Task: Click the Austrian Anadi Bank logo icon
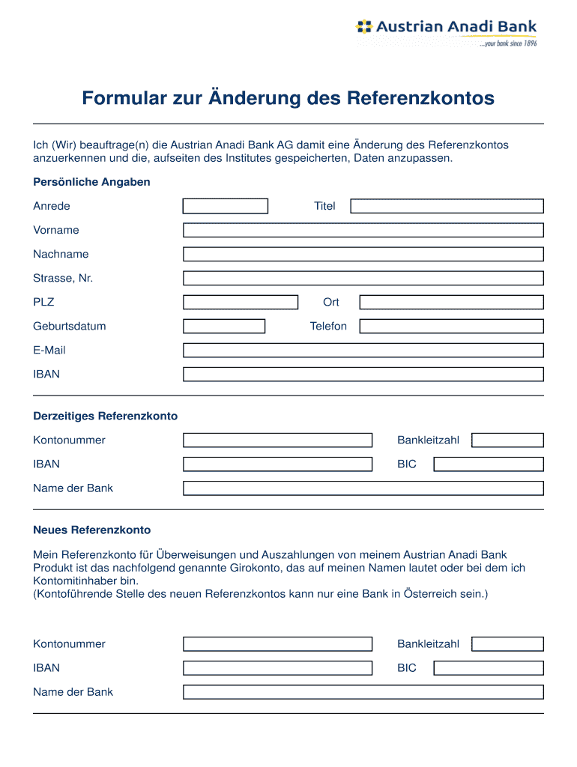[363, 28]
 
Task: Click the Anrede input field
[225, 206]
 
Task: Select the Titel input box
[447, 206]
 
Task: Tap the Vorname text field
[363, 230]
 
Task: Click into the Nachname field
[363, 254]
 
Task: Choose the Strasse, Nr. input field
[363, 278]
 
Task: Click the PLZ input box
[241, 302]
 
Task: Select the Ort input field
[451, 302]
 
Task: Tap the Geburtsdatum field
[224, 326]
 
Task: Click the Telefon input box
[451, 326]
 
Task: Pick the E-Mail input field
[363, 350]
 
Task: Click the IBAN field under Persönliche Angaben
[363, 374]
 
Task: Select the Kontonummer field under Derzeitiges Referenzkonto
[277, 440]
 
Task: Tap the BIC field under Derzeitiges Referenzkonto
[489, 464]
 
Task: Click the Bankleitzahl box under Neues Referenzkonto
[507, 643]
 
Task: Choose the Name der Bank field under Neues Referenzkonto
[363, 691]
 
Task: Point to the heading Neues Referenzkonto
[91, 530]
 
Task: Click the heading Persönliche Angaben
[91, 182]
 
